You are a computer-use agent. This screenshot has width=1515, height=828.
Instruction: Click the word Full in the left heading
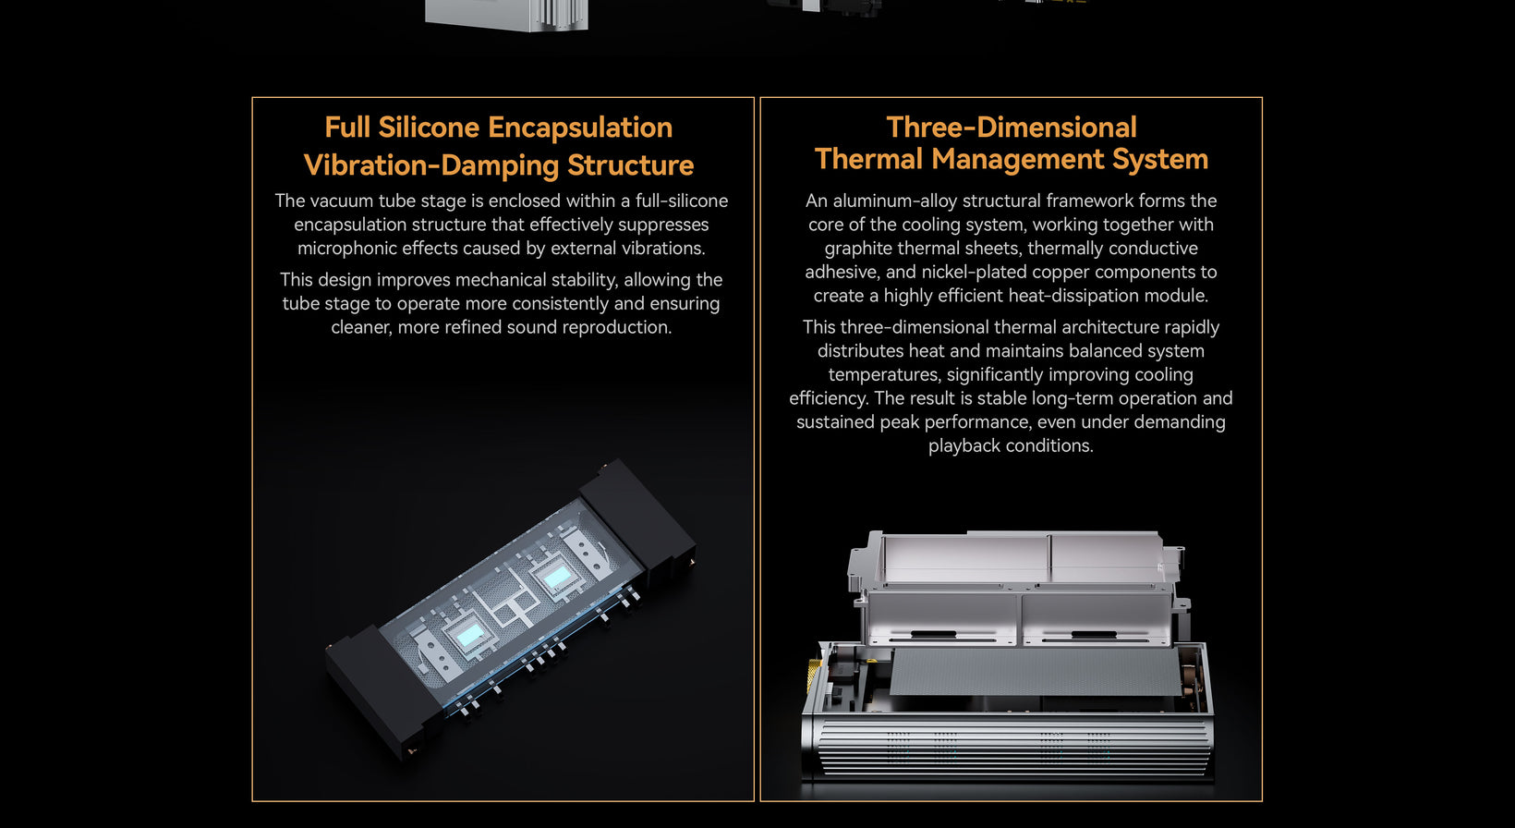347,128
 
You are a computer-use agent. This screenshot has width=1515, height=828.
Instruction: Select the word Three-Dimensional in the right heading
1012,128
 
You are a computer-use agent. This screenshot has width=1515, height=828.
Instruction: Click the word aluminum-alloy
891,201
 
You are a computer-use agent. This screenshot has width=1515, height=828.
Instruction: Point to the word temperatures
884,375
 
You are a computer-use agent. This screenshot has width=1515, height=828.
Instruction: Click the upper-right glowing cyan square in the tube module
557,577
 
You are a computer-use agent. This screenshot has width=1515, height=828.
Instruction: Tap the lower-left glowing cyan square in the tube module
470,635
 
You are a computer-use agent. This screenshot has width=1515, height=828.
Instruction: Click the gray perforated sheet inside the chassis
1035,671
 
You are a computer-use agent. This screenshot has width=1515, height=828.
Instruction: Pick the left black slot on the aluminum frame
933,635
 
